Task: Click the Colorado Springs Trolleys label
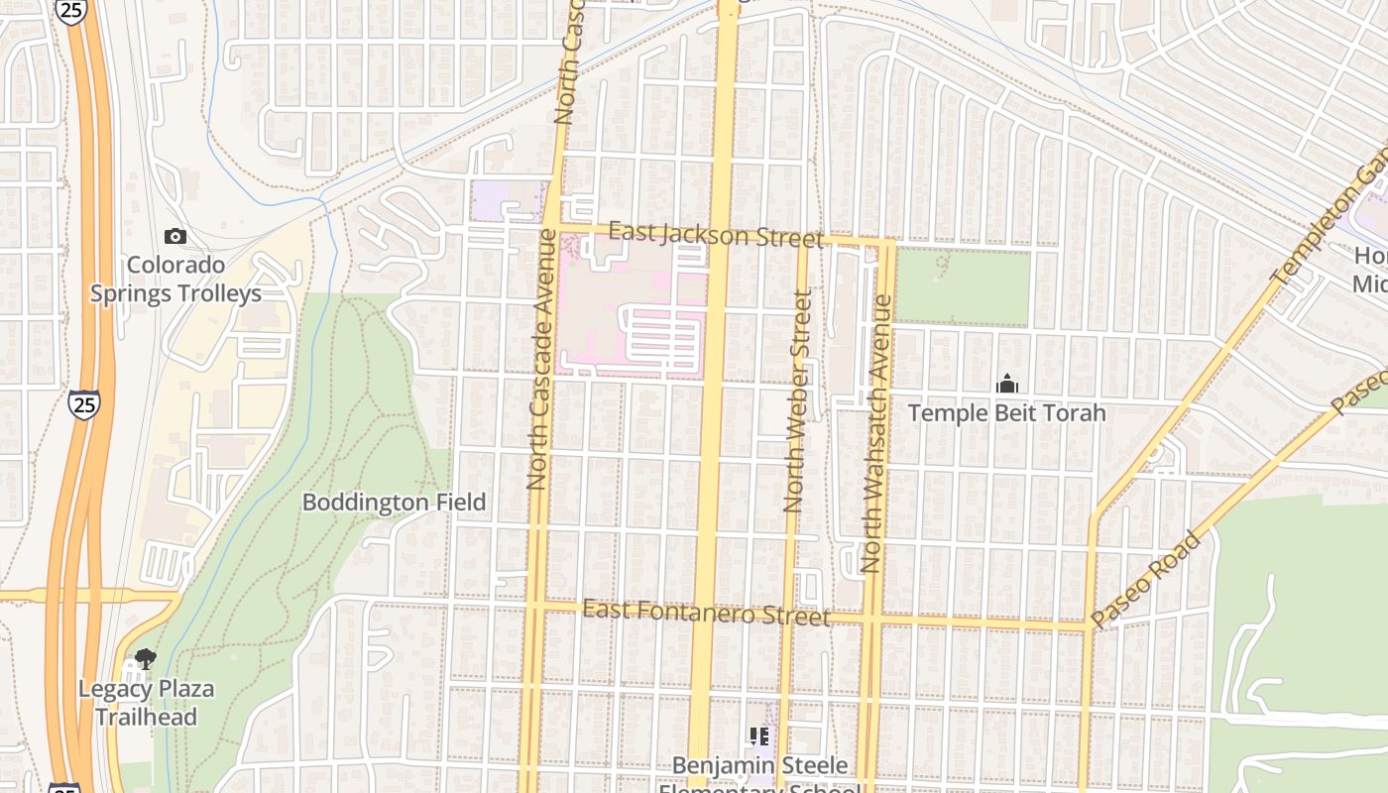click(x=175, y=280)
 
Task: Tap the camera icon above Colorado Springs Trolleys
click(x=175, y=236)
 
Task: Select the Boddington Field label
click(x=394, y=503)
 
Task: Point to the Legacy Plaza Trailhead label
click(x=146, y=703)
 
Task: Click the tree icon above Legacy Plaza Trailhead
click(x=146, y=659)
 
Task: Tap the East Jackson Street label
click(x=715, y=236)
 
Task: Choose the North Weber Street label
click(x=797, y=400)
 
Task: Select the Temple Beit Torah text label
click(x=1006, y=413)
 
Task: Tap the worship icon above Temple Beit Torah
click(x=1007, y=384)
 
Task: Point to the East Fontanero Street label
click(x=706, y=613)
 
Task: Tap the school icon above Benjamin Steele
click(x=759, y=736)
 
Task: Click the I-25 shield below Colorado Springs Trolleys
click(x=83, y=403)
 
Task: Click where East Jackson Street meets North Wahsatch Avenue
click(x=887, y=242)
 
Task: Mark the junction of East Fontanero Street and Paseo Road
click(x=1089, y=626)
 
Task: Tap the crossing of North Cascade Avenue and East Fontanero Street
click(x=534, y=604)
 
